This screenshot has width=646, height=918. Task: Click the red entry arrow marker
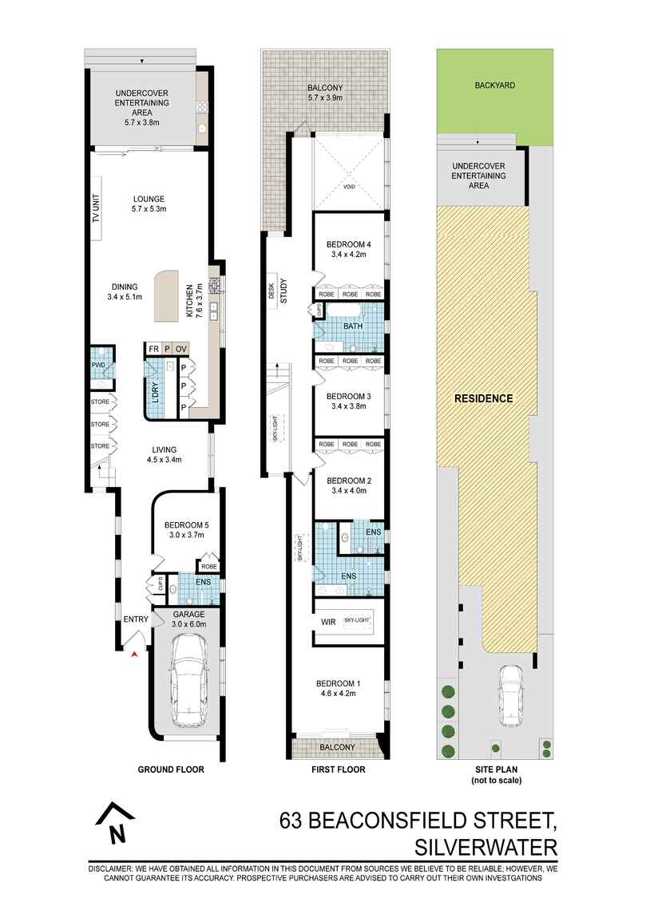[x=135, y=655]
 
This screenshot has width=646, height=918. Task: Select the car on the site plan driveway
[x=511, y=696]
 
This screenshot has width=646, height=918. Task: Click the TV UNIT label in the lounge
[x=96, y=209]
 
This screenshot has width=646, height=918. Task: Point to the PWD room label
[x=97, y=366]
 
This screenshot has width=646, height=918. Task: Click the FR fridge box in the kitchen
[x=153, y=349]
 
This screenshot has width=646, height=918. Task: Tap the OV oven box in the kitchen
[x=181, y=349]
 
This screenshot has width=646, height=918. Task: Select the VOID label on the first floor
[x=349, y=187]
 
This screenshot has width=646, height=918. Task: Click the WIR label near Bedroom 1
[x=328, y=622]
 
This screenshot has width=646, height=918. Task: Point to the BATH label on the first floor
[x=353, y=326]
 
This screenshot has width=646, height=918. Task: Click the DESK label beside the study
[x=271, y=291]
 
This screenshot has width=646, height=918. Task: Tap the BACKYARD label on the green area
[x=495, y=85]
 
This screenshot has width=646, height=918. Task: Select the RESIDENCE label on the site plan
[x=483, y=398]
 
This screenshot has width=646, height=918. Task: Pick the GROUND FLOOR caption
[x=171, y=770]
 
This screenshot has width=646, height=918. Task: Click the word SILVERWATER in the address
[x=486, y=847]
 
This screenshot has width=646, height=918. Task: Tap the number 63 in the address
[x=291, y=821]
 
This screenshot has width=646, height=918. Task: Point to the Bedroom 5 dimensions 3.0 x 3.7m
[x=186, y=535]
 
